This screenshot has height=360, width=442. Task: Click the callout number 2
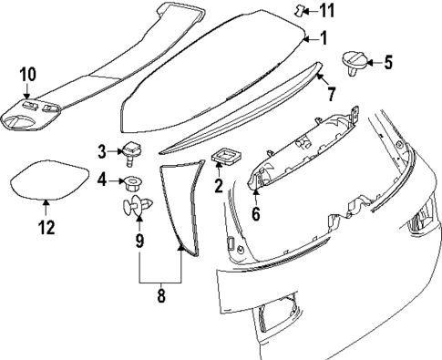click(x=218, y=186)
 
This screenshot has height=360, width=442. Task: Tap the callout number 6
click(x=256, y=215)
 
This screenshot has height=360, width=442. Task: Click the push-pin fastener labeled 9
click(x=137, y=207)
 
